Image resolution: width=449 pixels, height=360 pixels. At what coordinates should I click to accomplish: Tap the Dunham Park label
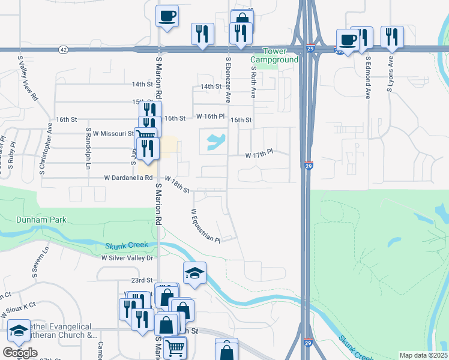33,220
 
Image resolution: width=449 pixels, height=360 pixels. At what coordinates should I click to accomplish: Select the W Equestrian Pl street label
206,226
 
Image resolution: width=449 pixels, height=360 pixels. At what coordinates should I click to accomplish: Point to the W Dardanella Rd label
128,178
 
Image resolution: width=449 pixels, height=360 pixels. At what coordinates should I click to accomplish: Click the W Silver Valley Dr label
128,257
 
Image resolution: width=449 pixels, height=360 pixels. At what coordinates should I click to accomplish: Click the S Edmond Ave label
368,78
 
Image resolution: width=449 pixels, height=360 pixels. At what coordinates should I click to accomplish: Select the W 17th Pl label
259,155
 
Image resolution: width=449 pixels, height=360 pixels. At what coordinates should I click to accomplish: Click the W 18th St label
177,185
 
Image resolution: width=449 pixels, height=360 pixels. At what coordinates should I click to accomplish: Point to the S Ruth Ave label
253,82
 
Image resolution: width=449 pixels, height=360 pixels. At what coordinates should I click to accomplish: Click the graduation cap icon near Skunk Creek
194,274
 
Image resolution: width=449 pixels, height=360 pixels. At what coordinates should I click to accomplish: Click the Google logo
19,353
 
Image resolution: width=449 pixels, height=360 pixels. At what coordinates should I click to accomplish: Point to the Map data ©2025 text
424,355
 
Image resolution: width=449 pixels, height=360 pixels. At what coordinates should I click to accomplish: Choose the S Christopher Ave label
50,137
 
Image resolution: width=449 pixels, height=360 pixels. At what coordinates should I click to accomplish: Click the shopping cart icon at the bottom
175,347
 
